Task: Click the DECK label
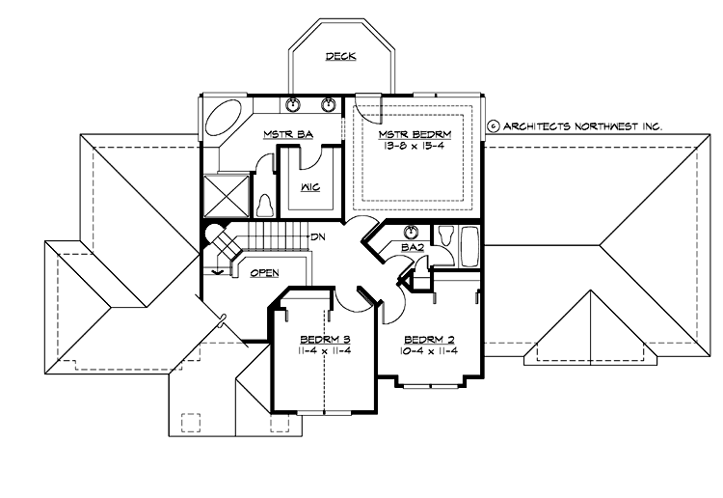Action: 340,57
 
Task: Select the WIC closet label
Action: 310,186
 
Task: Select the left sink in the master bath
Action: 294,105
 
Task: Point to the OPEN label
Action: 264,273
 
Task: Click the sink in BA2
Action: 413,232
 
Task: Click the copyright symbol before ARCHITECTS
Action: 492,125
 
